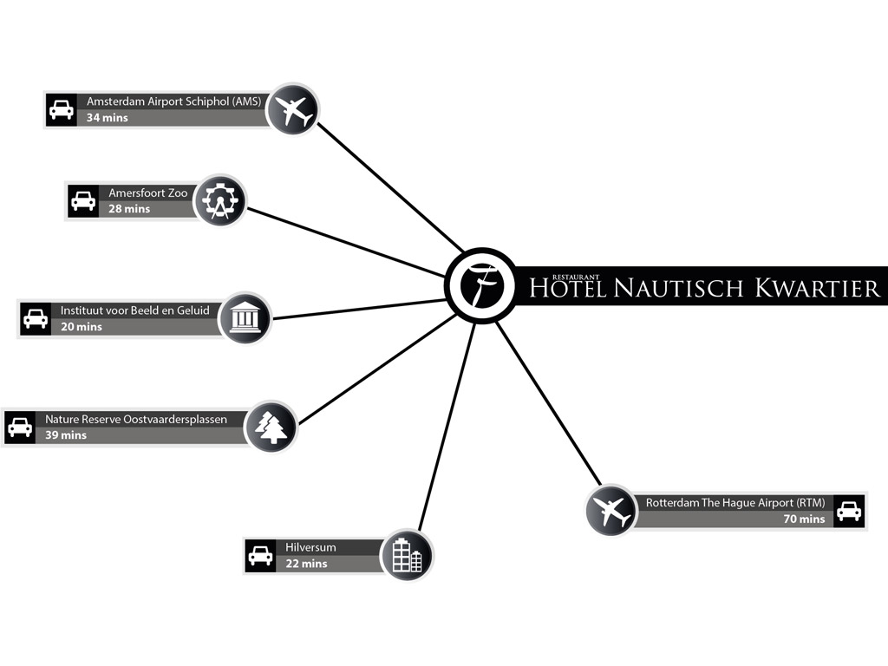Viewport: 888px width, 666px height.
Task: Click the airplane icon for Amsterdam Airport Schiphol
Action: pyautogui.click(x=292, y=110)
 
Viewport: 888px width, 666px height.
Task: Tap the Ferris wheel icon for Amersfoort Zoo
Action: pyautogui.click(x=219, y=201)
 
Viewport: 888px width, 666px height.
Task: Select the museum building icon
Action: pyautogui.click(x=245, y=318)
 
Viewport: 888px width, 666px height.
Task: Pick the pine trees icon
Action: pyautogui.click(x=271, y=427)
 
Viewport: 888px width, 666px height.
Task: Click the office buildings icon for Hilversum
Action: pyautogui.click(x=408, y=556)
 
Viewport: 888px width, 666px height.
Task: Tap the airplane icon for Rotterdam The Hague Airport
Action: pyautogui.click(x=611, y=511)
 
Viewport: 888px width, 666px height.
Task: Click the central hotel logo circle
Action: pyautogui.click(x=481, y=285)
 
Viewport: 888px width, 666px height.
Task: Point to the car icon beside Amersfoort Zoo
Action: pyautogui.click(x=83, y=201)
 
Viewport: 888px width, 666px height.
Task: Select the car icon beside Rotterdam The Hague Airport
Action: pyautogui.click(x=849, y=511)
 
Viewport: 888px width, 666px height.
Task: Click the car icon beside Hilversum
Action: pyautogui.click(x=260, y=556)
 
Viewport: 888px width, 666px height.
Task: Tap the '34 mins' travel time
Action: pyautogui.click(x=107, y=118)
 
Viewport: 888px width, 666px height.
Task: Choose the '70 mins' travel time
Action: pyautogui.click(x=804, y=519)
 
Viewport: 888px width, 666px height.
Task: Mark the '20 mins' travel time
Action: pyautogui.click(x=82, y=327)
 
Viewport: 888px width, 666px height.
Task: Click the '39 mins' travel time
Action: pyautogui.click(x=66, y=435)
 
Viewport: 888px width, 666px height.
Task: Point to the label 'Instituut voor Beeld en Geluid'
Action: pyautogui.click(x=134, y=310)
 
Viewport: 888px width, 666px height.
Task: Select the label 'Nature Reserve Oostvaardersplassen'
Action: pyautogui.click(x=136, y=419)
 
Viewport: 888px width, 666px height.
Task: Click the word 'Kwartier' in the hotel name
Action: pyautogui.click(x=817, y=288)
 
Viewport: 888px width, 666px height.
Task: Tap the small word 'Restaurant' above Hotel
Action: pyautogui.click(x=576, y=277)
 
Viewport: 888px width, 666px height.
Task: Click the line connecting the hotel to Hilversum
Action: pyautogui.click(x=447, y=428)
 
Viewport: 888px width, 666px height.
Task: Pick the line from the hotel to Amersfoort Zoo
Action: pyautogui.click(x=347, y=243)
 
